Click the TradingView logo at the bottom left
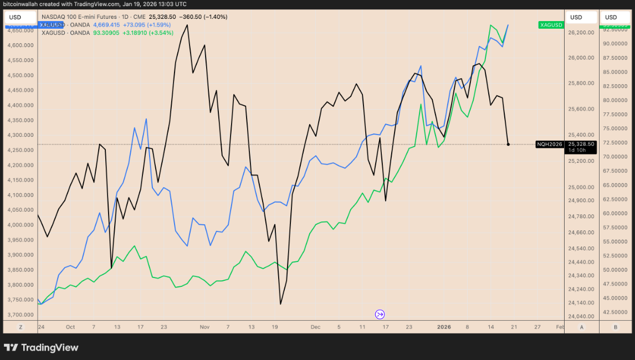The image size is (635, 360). pos(41,348)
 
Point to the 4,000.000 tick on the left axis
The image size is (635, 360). pos(19,225)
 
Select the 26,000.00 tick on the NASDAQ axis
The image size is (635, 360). pos(582,58)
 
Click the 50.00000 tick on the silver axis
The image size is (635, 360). pos(614,270)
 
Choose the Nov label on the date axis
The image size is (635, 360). pos(204,327)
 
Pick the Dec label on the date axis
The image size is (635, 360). pos(315,327)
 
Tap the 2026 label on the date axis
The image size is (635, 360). pos(444,327)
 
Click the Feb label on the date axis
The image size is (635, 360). pos(560,327)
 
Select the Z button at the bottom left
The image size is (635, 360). pos(21,327)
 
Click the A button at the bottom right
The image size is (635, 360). pos(582,327)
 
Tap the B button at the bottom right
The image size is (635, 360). pos(615,327)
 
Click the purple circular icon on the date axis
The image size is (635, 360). pos(380,315)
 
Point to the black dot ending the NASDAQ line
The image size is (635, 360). pos(508,144)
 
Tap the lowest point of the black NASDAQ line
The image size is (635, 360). pos(280,304)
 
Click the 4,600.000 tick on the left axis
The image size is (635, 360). pos(19,45)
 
